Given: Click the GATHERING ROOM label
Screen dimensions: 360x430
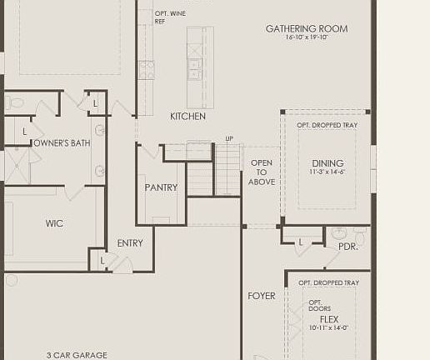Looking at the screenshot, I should point(307,29).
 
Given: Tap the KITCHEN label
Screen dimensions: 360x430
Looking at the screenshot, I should point(187,117).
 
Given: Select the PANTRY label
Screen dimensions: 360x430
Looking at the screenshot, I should point(161,188).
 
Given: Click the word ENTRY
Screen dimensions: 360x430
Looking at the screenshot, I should point(130,243).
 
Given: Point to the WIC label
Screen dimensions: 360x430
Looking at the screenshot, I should point(54,223).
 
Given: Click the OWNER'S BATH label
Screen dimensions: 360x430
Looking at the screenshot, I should point(61,143).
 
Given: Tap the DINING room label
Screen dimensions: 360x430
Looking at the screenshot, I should point(327,163).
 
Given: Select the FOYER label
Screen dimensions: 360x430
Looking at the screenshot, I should point(262,296).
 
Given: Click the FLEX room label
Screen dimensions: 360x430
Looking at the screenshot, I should point(329,319).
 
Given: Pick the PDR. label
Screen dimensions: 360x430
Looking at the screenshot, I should point(347,247).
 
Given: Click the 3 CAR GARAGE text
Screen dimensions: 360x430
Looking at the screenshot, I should point(77,355).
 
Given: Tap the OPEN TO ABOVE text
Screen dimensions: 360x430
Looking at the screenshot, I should point(262,172).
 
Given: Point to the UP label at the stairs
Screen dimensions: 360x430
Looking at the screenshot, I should point(229,138).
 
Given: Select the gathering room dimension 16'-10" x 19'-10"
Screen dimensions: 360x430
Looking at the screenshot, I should point(307,38).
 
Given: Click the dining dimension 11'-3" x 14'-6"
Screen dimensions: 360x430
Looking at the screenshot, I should point(327,172).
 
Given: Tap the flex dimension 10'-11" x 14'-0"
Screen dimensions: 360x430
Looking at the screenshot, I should point(329,327).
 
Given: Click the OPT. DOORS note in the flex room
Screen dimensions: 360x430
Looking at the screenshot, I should point(315,306).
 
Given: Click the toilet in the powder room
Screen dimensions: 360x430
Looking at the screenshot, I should point(337,234).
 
